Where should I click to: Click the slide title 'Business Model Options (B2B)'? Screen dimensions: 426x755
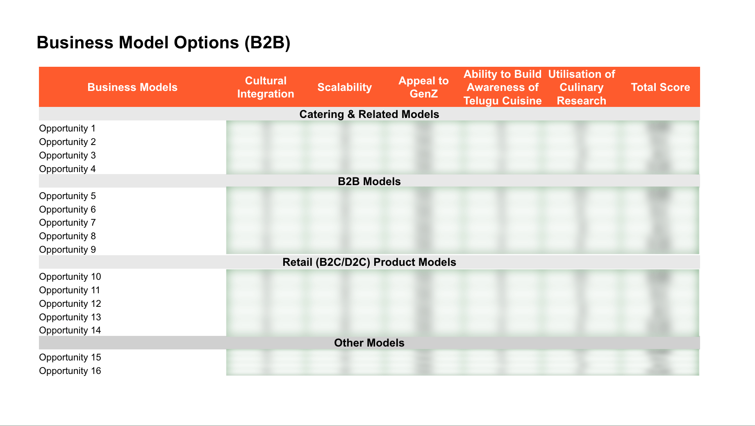coord(164,43)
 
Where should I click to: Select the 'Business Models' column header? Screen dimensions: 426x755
coord(132,87)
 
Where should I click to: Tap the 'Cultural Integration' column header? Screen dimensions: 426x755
coord(266,87)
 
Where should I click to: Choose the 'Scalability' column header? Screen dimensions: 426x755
coord(344,87)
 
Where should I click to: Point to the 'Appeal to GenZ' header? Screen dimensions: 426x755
coord(423,87)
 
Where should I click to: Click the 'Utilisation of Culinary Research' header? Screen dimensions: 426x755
coord(581,87)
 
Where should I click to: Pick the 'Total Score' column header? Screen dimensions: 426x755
coord(660,87)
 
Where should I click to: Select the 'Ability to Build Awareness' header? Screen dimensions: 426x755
coord(503,87)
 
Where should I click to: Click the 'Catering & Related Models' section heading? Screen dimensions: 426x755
coord(369,114)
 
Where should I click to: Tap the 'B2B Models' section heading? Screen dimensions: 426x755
coord(369,181)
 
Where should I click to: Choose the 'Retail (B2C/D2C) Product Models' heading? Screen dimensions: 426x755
coord(369,262)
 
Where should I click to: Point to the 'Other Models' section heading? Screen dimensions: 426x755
coord(369,343)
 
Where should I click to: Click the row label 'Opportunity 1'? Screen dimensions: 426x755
coord(67,129)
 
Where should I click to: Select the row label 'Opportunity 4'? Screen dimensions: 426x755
coord(67,169)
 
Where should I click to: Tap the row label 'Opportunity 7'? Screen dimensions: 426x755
coord(67,223)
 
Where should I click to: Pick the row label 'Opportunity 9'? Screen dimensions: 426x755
coord(67,249)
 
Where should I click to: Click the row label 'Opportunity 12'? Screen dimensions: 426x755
coord(70,304)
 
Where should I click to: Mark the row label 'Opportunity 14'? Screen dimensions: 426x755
coord(70,330)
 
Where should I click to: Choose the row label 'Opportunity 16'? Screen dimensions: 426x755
coord(70,371)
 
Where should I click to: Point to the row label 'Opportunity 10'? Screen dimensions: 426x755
coord(70,276)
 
